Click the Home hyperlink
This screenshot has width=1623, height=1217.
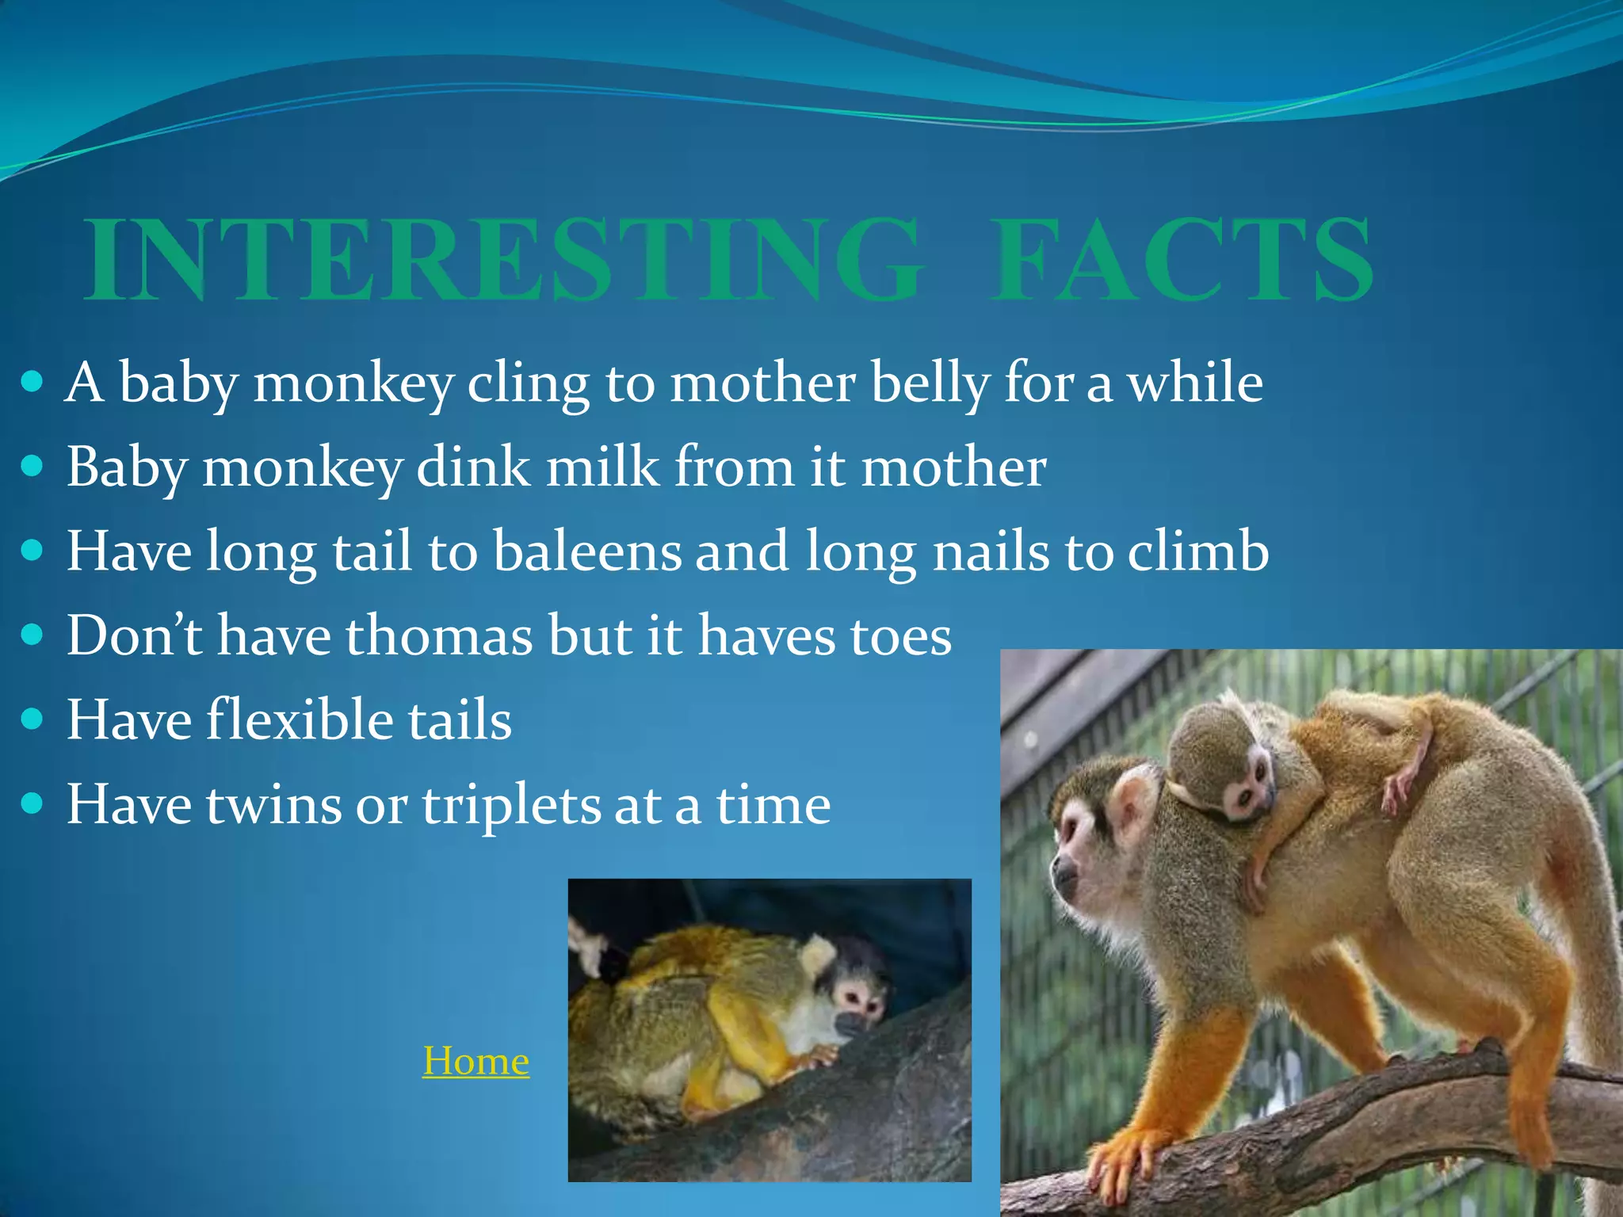[x=475, y=1061]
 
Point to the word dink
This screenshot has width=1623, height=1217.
[x=473, y=467]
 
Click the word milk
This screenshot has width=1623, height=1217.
[x=602, y=467]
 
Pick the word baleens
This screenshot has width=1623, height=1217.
[x=586, y=551]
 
